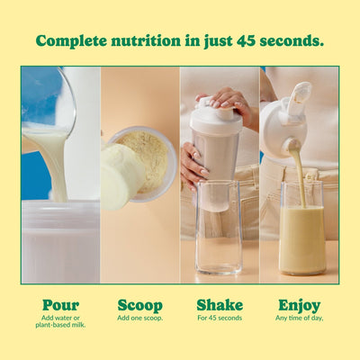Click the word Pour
(x=60, y=305)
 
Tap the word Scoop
(x=139, y=305)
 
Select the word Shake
(x=220, y=305)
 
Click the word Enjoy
(x=299, y=305)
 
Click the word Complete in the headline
(x=74, y=41)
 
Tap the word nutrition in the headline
(x=153, y=41)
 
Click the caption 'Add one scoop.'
(x=139, y=319)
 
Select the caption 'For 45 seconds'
(x=220, y=319)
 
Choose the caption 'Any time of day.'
(x=299, y=319)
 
